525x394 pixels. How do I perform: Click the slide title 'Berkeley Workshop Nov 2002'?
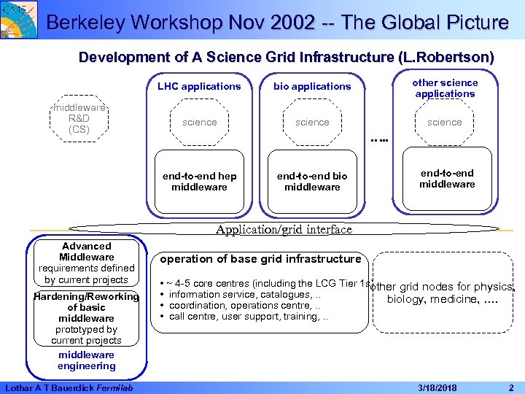coord(182,23)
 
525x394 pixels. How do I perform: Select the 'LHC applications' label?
coord(199,86)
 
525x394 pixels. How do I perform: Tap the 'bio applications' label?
coord(312,86)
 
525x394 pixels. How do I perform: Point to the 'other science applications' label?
coord(445,88)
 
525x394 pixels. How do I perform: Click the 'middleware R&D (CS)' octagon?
coord(79,118)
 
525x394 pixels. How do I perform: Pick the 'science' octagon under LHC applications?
coord(200,122)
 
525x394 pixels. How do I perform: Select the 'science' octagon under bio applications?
coord(312,122)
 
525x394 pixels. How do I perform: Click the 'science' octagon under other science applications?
coord(445,122)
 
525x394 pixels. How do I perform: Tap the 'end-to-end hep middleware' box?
coord(199,182)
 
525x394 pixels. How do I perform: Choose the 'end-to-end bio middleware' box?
coord(312,182)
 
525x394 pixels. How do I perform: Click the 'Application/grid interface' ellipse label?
coord(284,229)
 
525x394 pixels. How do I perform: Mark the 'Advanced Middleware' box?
coord(87,263)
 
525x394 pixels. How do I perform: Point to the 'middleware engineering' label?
coord(87,360)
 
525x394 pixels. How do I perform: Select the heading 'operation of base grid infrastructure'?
coord(260,259)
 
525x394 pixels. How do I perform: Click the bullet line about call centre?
coord(248,317)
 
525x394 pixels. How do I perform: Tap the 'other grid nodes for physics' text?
coord(443,287)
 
